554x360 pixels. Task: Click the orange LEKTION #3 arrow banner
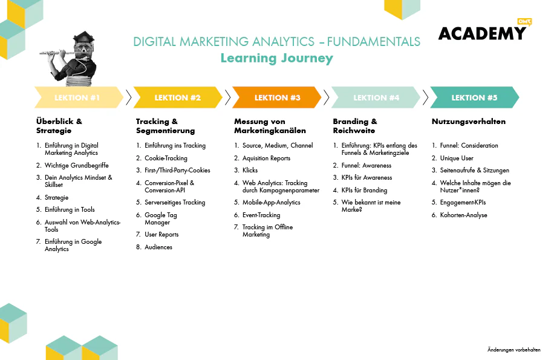[x=277, y=97]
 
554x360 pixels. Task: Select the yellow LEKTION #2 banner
[x=178, y=97]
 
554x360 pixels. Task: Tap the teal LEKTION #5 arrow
[x=475, y=97]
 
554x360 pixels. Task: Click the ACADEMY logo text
[x=482, y=33]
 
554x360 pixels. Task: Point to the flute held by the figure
[x=58, y=53]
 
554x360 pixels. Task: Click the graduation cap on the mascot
[x=83, y=37]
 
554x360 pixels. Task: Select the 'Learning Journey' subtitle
[x=276, y=58]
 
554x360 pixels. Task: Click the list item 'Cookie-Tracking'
[x=166, y=158]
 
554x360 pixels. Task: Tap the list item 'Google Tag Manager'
[x=161, y=218]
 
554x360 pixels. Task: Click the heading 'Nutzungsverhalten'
[x=469, y=122]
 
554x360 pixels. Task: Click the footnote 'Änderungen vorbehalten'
[x=513, y=350]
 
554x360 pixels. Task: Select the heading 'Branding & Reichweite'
[x=355, y=126]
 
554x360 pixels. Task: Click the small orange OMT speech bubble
[x=524, y=22]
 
